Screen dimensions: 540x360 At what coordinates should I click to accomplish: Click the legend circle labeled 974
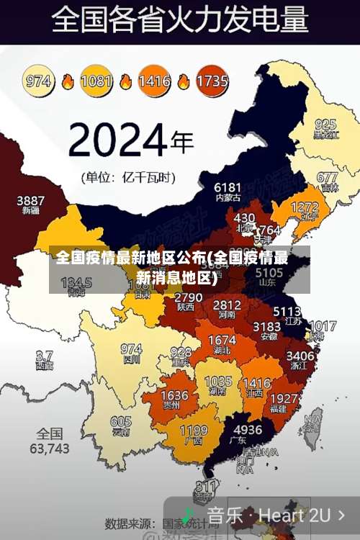(x=40, y=81)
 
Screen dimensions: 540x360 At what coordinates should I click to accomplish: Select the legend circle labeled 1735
(x=212, y=81)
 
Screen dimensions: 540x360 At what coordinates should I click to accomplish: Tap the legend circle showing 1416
(x=154, y=81)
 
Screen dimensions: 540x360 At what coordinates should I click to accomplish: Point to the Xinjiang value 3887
(x=31, y=200)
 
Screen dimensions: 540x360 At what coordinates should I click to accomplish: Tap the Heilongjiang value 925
(x=325, y=124)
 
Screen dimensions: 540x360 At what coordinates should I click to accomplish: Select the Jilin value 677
(x=327, y=177)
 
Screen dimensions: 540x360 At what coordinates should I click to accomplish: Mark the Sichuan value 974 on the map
(x=131, y=348)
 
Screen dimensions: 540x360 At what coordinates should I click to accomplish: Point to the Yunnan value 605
(x=121, y=422)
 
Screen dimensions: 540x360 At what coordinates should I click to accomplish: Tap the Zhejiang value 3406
(x=300, y=356)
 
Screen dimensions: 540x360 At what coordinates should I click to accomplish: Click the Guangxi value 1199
(x=193, y=431)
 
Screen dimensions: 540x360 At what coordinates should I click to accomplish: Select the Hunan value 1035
(x=218, y=382)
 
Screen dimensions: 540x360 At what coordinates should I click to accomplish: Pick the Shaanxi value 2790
(x=188, y=297)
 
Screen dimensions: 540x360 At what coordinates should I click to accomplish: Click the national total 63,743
(x=50, y=448)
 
